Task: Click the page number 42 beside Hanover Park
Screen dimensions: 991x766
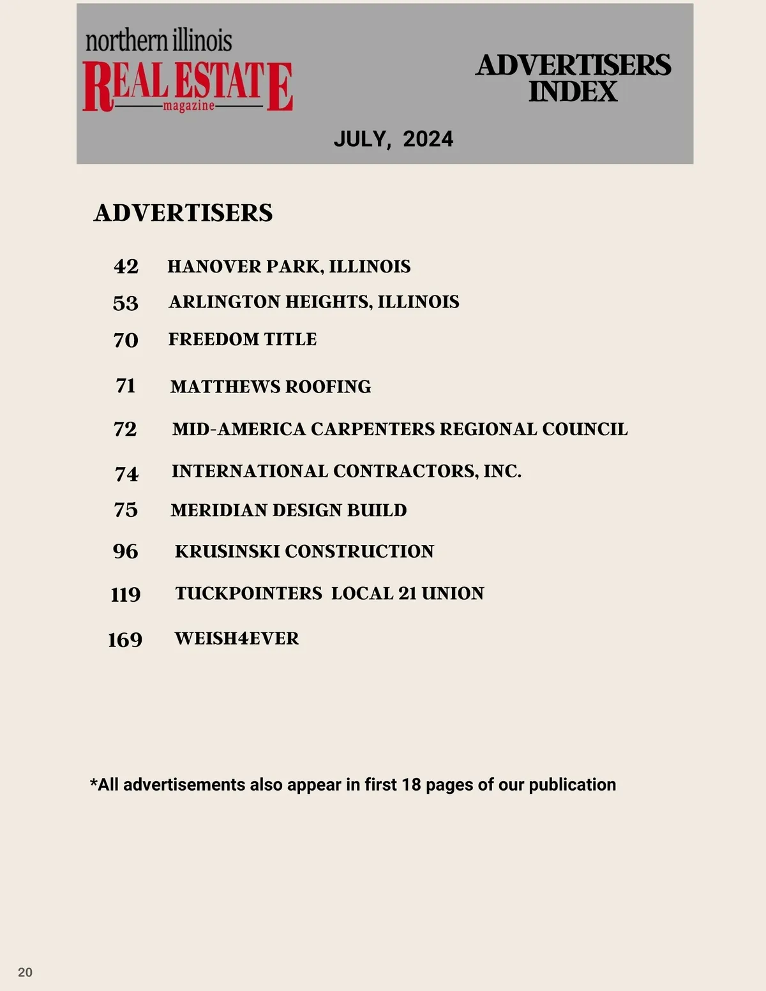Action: coord(126,266)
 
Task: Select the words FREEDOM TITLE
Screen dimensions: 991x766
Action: coord(243,339)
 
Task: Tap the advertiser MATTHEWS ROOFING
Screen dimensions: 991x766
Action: coord(271,387)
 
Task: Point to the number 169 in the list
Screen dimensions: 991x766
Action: coord(125,639)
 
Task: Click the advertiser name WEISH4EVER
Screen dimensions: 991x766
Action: coord(237,638)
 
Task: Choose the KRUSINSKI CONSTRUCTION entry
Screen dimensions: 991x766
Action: coord(304,551)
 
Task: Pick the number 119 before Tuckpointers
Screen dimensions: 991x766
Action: coord(125,594)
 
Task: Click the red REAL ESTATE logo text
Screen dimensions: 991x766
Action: coord(188,84)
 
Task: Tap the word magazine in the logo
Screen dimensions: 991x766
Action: coord(189,106)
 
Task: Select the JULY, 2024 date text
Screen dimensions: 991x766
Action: coord(393,139)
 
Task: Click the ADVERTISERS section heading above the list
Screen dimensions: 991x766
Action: coord(183,212)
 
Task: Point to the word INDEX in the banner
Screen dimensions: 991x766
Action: coord(573,92)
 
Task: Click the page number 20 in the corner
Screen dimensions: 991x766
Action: coord(25,972)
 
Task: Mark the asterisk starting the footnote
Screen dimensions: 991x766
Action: coord(94,783)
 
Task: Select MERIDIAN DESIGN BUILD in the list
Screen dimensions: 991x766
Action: coord(289,510)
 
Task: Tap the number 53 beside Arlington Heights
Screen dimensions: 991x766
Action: coord(125,302)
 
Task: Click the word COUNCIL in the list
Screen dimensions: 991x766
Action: coord(585,429)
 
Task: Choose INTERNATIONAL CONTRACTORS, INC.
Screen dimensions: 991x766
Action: coord(347,471)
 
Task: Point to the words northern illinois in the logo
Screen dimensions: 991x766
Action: coord(159,41)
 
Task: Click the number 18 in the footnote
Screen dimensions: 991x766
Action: coord(411,784)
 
